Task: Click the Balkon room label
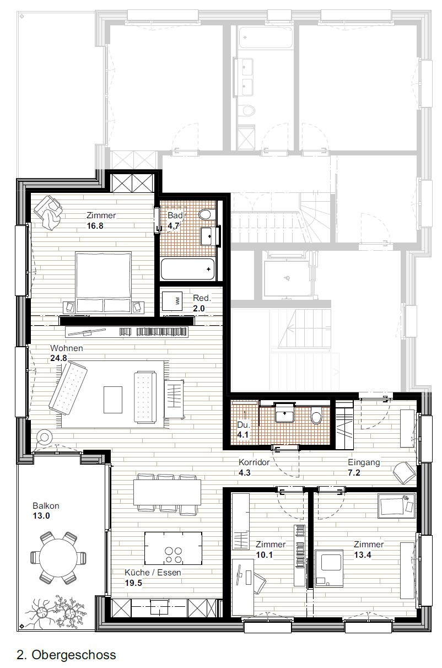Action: click(46, 505)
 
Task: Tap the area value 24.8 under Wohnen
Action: click(58, 358)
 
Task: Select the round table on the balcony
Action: click(58, 557)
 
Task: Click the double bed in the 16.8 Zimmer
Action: click(104, 281)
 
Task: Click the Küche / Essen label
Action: click(153, 573)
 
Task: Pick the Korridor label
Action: click(254, 462)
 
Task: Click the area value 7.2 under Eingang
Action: click(354, 472)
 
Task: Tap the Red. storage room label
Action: click(202, 298)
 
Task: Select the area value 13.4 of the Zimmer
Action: click(363, 555)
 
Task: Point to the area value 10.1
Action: click(265, 555)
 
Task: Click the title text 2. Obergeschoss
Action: click(67, 655)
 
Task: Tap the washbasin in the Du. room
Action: click(284, 414)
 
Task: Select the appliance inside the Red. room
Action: click(176, 301)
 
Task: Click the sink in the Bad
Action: click(208, 236)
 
